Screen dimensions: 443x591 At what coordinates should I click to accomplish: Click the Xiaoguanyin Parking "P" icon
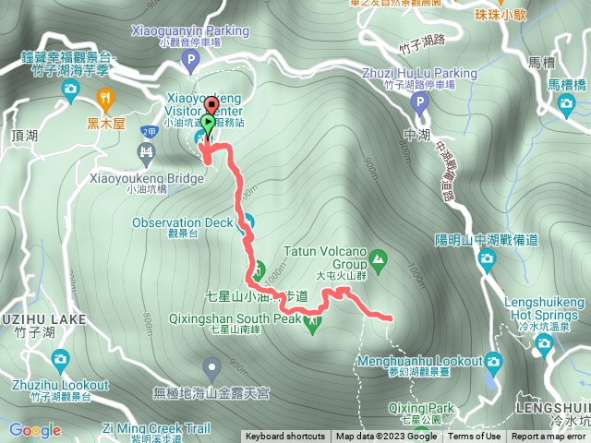(x=191, y=62)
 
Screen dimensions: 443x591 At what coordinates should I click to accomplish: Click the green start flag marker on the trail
(x=210, y=122)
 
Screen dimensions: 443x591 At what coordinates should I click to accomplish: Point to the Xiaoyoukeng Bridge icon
(x=146, y=152)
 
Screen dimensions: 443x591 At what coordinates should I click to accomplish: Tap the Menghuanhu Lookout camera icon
(x=494, y=360)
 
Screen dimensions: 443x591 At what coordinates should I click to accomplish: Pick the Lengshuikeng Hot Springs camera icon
(x=543, y=343)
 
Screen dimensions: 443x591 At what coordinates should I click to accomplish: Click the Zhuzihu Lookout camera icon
(x=60, y=358)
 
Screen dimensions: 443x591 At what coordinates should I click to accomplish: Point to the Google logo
(x=35, y=430)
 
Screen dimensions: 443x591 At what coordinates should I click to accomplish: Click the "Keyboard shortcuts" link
(x=284, y=437)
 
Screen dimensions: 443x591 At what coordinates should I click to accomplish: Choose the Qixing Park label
(x=428, y=407)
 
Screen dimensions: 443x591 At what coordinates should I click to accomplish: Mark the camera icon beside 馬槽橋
(x=567, y=102)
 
